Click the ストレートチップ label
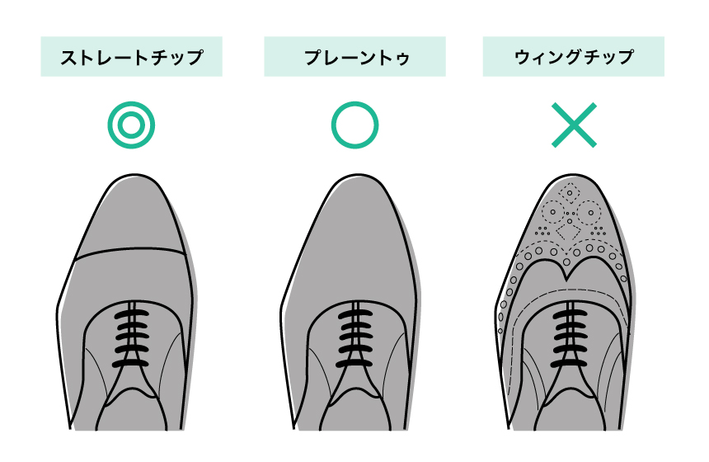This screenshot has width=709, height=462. coord(132,57)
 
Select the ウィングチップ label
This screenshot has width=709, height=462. coord(573,57)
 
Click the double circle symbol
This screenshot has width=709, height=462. coord(131,125)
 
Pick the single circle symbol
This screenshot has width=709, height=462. coord(355,125)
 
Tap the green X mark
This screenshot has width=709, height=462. coord(575,125)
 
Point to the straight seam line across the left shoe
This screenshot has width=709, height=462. coord(130,252)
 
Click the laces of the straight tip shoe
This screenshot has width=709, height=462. coord(131,338)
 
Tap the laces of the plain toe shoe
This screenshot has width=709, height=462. coord(355,338)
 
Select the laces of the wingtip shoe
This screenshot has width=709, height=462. coord(570,338)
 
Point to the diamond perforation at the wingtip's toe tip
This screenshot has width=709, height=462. coord(570,193)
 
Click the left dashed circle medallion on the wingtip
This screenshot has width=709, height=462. coord(552,212)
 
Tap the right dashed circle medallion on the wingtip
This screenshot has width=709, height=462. coord(589,212)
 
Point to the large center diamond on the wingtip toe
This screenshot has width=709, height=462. coord(569,231)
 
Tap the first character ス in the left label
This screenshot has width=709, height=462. coord(68,58)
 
